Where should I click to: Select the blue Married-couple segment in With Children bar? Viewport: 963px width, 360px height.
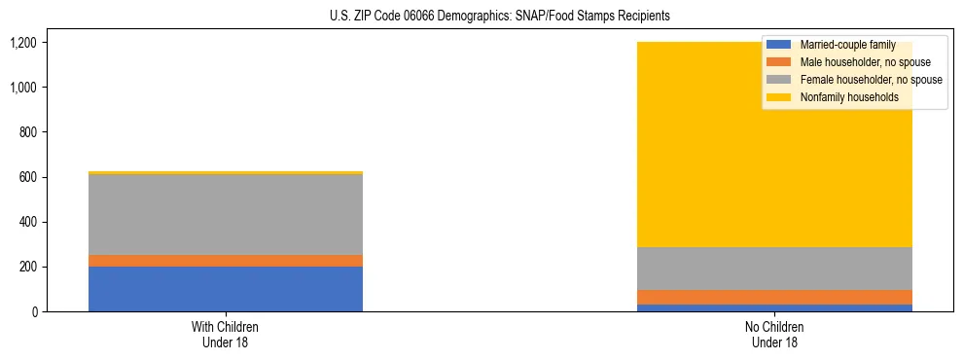click(x=226, y=289)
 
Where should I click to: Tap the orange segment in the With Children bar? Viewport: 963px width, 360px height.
click(x=226, y=261)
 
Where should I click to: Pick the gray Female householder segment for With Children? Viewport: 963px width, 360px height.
click(x=226, y=214)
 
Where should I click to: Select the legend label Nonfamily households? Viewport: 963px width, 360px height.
click(x=842, y=97)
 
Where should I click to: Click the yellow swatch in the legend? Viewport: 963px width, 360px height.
click(x=779, y=97)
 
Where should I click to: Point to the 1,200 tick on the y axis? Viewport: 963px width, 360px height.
click(x=22, y=43)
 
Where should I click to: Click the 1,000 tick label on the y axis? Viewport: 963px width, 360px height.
click(x=22, y=88)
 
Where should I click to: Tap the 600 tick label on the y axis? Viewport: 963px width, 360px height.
click(x=27, y=177)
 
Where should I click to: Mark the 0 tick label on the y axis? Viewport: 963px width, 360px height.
click(x=32, y=311)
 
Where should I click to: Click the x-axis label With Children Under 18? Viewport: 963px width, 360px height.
click(x=226, y=334)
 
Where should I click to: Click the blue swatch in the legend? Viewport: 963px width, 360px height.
click(x=779, y=45)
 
